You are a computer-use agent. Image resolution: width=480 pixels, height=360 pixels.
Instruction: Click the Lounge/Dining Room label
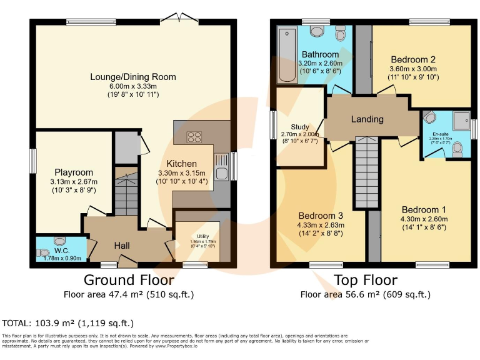coord(132,77)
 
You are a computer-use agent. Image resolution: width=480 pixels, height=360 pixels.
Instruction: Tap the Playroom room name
coord(74,172)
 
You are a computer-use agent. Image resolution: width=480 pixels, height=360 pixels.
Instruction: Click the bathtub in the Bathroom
coord(287,56)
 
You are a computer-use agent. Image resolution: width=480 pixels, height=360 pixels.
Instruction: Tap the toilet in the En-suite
coord(457,147)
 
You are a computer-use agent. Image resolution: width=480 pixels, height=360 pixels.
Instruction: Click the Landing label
coord(367,119)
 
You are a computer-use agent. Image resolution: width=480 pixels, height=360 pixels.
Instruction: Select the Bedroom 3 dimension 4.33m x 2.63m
coord(320,226)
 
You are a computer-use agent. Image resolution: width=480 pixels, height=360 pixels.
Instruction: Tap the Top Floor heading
coord(366,279)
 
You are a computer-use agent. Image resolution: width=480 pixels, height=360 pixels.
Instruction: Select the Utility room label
coord(197,236)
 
